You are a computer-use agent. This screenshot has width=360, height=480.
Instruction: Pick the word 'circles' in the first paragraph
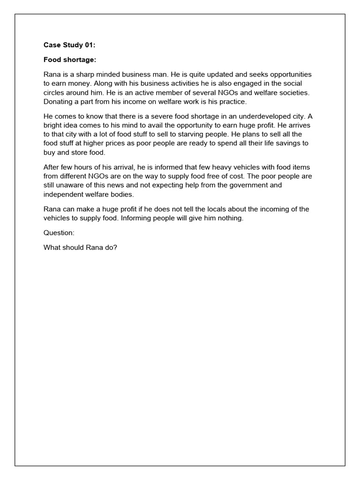tap(55, 92)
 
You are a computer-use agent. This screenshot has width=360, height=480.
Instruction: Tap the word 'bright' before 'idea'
tap(52, 125)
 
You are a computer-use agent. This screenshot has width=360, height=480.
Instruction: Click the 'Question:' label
tap(59, 233)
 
